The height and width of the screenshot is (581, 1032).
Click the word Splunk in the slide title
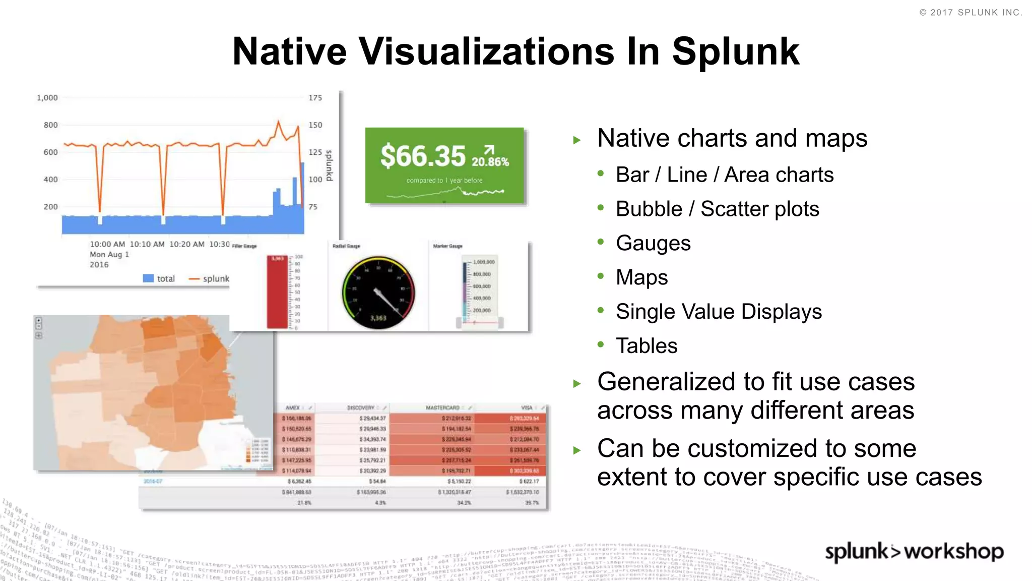[735, 52]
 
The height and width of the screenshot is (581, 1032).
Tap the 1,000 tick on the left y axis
[47, 98]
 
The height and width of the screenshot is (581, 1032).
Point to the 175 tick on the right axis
[315, 98]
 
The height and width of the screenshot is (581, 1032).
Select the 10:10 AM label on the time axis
[147, 244]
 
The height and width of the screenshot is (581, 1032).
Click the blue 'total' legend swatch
[148, 278]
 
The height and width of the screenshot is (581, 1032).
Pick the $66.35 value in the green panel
[423, 156]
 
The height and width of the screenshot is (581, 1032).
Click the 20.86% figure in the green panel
[490, 161]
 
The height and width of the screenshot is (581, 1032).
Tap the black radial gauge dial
[378, 293]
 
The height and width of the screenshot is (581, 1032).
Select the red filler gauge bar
[277, 293]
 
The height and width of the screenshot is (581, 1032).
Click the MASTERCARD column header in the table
[443, 408]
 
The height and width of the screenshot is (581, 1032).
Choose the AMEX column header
[293, 408]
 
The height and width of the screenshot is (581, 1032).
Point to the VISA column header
[527, 408]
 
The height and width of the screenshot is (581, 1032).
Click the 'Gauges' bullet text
[653, 243]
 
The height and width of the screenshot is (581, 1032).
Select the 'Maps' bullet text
[641, 277]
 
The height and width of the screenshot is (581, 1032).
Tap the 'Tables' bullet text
[647, 346]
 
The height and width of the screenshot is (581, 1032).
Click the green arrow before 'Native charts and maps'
[577, 140]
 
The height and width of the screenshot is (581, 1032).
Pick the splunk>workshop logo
[914, 551]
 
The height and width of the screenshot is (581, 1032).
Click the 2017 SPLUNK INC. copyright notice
[971, 13]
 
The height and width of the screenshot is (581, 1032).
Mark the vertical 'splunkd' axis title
[329, 165]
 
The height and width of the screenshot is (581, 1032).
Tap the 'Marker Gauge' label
[447, 246]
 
